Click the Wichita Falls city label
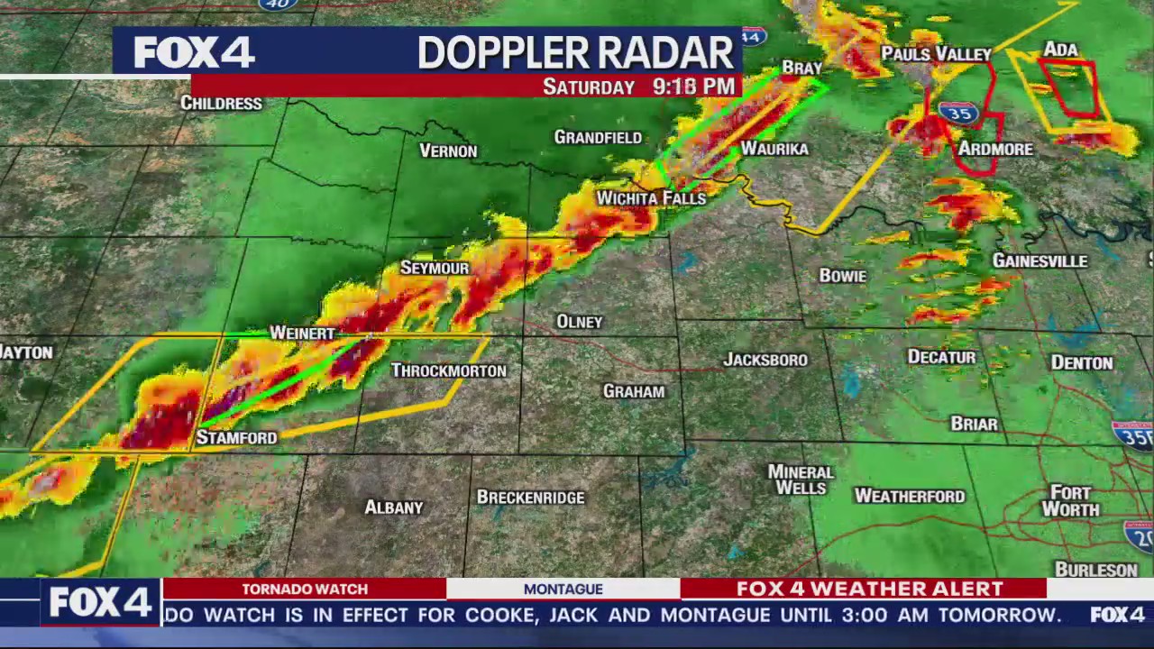coord(651,197)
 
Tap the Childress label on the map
coord(221,103)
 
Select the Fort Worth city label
coord(1071,501)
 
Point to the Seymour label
coord(435,268)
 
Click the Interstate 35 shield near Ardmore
coord(958,113)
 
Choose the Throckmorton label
coord(448,370)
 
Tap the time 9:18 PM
coord(693,87)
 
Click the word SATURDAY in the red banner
coord(589,87)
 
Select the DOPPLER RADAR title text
coord(576,53)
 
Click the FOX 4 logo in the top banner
coord(194,52)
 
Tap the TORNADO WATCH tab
coord(305,589)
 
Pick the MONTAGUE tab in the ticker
coord(563,589)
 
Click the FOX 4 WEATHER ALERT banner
coord(869,589)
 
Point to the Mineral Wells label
coord(801,480)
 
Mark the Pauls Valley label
coord(936,54)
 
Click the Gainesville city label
coord(1040,261)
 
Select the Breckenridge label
coord(530,498)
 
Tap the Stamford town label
coord(236,437)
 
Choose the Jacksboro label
coord(765,360)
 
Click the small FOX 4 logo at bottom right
coord(1117,615)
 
